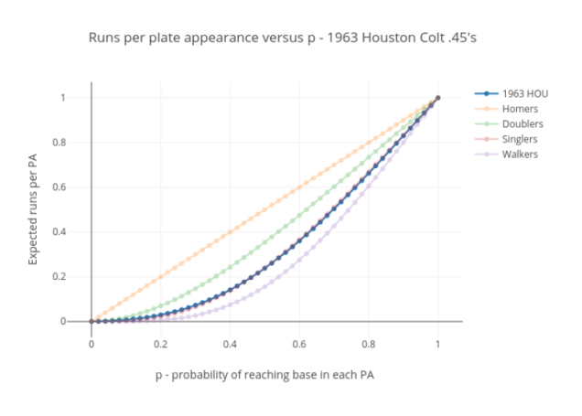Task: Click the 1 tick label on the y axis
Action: tap(80, 98)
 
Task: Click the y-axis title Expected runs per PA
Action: tap(34, 209)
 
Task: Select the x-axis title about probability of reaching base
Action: tap(264, 375)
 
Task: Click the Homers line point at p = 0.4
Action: tap(230, 231)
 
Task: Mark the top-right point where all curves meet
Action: tap(438, 98)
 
